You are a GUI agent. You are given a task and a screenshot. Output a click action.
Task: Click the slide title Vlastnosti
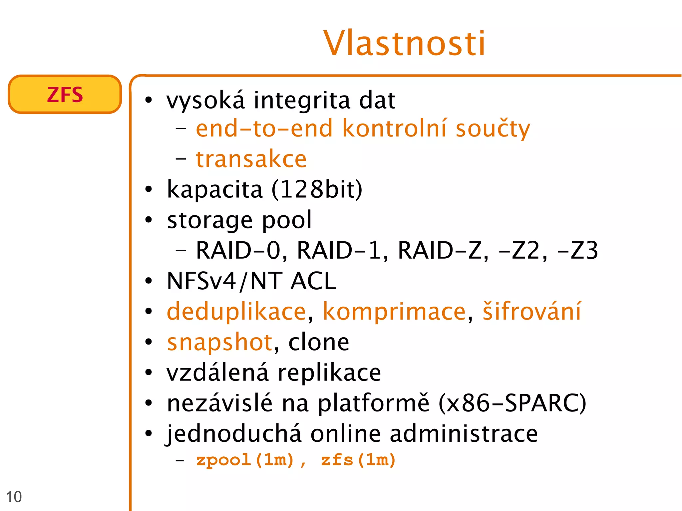click(404, 43)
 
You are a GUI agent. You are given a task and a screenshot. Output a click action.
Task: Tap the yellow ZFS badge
click(65, 95)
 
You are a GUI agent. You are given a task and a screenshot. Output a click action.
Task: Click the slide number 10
click(14, 497)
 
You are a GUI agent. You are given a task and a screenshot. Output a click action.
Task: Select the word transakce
click(251, 159)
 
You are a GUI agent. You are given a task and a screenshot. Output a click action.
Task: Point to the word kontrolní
click(394, 128)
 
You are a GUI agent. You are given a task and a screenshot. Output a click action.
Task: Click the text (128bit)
click(317, 189)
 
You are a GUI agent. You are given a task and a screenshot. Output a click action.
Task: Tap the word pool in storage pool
click(287, 220)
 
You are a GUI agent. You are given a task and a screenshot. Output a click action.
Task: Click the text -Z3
click(577, 250)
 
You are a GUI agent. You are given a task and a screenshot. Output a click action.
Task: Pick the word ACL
click(313, 281)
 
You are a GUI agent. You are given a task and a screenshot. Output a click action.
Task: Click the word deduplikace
click(236, 312)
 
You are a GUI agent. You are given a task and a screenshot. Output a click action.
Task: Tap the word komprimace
click(394, 312)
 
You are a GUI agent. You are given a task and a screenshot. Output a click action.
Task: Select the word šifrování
click(532, 311)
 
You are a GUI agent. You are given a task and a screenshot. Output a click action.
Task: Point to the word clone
click(319, 342)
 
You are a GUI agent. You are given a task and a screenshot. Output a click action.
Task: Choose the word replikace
click(329, 373)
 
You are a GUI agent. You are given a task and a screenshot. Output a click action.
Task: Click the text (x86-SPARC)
click(512, 403)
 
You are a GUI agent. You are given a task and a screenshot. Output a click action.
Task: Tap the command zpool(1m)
click(245, 460)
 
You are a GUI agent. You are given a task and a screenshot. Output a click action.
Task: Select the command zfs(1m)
click(358, 460)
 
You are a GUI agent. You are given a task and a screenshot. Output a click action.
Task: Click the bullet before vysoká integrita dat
click(149, 100)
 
